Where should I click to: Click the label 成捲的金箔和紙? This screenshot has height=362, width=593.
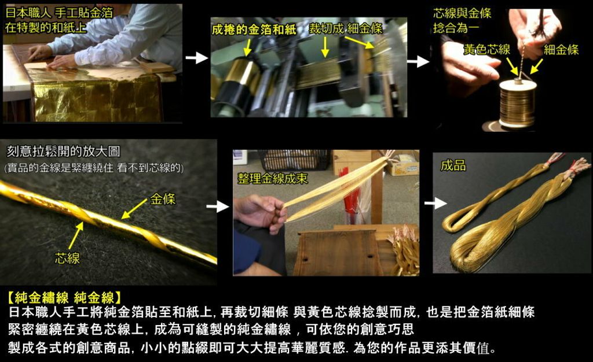(254, 29)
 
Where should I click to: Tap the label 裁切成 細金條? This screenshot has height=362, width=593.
(346, 28)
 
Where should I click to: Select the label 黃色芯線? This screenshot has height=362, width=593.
(486, 50)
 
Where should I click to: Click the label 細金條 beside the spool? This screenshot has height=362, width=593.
(561, 50)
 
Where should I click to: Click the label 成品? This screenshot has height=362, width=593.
(453, 165)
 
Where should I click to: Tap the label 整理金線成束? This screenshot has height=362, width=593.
(272, 179)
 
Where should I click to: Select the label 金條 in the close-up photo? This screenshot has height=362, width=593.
(163, 199)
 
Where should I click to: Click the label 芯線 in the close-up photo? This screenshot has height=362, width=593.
(67, 258)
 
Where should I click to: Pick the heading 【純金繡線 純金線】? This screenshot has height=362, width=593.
(64, 298)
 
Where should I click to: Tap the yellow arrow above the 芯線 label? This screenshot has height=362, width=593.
(76, 235)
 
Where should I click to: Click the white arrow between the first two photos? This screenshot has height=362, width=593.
(197, 58)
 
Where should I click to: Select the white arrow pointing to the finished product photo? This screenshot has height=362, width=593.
(435, 204)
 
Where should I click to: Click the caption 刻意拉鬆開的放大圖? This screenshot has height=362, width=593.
(63, 152)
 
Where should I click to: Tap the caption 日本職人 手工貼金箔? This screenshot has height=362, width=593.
(59, 13)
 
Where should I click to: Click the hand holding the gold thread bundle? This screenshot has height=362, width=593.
(261, 213)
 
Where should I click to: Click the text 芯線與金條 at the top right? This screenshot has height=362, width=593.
(462, 13)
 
